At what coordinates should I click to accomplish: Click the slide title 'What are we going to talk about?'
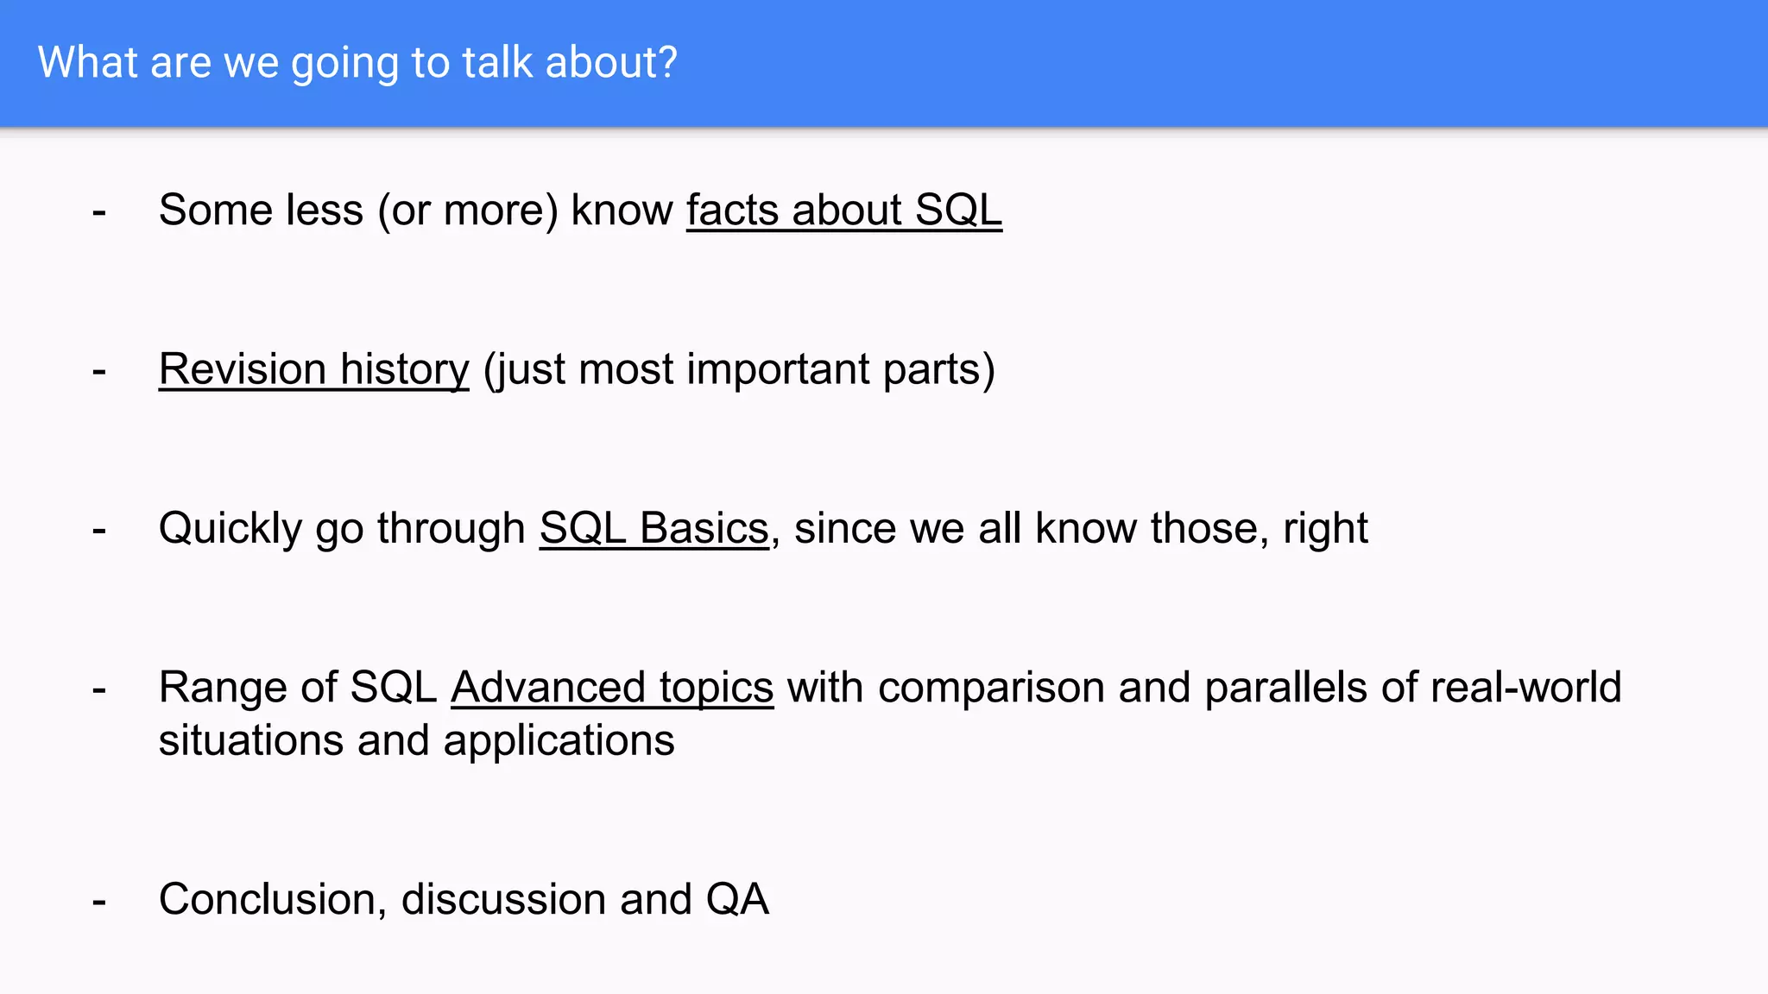click(357, 63)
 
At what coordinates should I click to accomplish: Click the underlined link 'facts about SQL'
click(843, 210)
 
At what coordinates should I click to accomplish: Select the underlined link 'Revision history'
click(313, 369)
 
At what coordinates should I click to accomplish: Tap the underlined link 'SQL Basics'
click(654, 528)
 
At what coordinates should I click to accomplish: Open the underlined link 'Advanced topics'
click(611, 688)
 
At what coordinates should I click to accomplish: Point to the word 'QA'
click(736, 899)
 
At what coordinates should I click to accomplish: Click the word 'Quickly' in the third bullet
click(230, 528)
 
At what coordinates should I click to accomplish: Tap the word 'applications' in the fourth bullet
click(559, 741)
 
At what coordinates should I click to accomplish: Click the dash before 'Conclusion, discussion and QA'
click(99, 901)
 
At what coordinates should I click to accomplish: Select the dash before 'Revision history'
click(99, 371)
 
